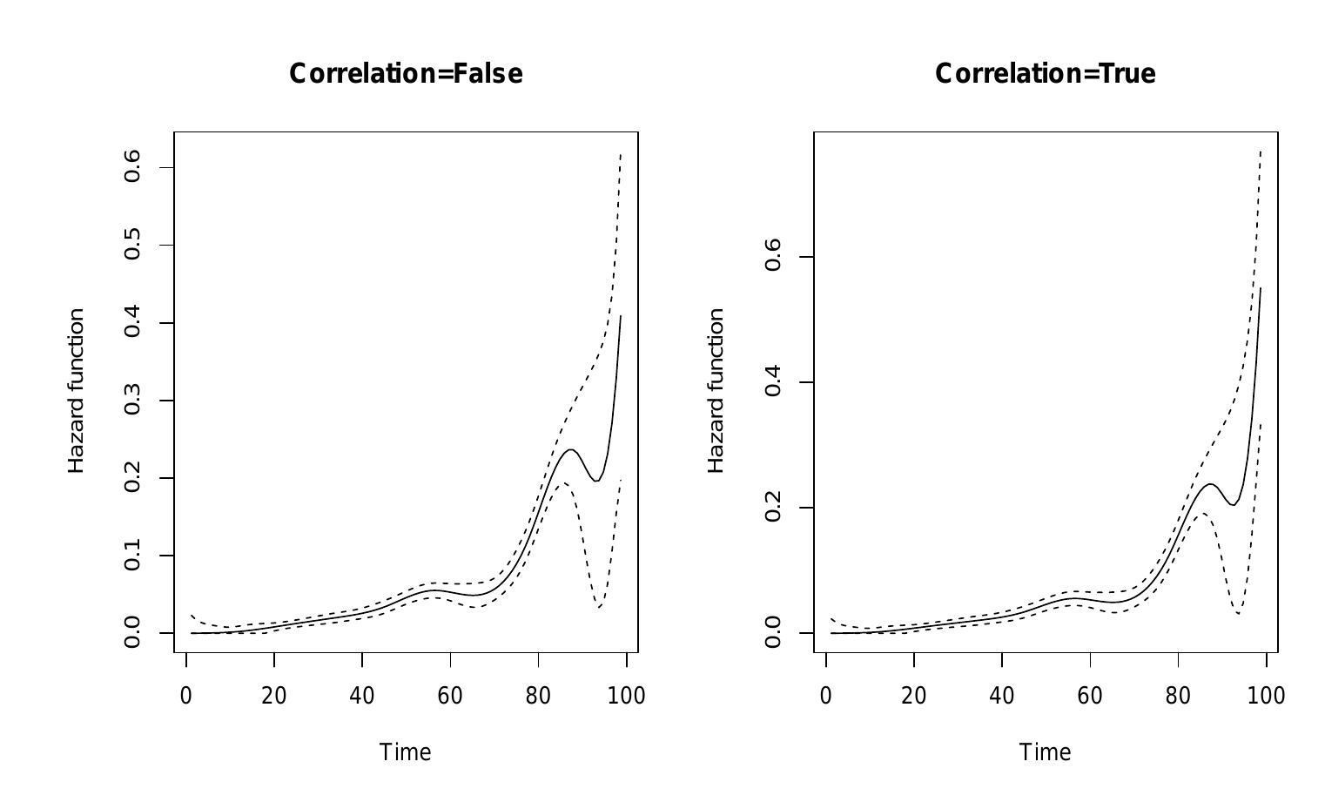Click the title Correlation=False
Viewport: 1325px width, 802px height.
406,74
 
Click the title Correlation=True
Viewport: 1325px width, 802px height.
1045,74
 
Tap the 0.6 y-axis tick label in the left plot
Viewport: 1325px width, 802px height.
132,167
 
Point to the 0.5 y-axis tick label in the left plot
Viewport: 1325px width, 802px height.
132,245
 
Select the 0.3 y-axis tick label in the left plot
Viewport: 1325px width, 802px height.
132,401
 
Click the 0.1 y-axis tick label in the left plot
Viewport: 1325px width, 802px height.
132,556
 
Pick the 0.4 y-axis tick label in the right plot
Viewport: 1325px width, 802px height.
772,382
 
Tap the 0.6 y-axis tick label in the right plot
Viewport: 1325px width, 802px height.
772,257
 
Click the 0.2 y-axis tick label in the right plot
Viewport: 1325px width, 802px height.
772,508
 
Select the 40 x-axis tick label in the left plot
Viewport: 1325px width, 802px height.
362,696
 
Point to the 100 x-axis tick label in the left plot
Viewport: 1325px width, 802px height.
626,696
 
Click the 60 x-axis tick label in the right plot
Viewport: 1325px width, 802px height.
1090,696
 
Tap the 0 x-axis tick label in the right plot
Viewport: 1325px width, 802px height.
826,696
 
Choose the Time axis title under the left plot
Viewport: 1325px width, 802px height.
406,752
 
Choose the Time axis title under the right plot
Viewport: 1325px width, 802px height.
1045,752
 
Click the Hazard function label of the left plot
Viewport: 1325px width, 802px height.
77,391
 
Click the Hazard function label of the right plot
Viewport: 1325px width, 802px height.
716,391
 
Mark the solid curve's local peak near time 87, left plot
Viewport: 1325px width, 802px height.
570,449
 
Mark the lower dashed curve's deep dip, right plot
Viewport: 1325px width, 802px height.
1238,614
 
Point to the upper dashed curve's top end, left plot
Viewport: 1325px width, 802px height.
621,154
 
